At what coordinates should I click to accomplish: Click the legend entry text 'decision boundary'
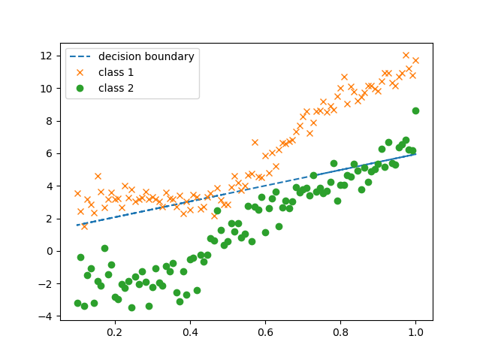coord(146,56)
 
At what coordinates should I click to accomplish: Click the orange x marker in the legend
coord(81,72)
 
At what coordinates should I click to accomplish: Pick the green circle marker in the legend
coord(81,88)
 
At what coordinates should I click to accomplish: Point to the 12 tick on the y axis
coord(47,56)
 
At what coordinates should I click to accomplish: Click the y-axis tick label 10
coord(47,88)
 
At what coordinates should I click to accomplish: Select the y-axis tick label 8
coord(50,121)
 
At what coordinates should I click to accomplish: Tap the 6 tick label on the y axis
coord(50,153)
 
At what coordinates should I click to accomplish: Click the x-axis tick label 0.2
coord(114,332)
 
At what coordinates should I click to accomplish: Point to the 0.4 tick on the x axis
coord(189,332)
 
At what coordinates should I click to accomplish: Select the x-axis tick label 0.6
coord(265,332)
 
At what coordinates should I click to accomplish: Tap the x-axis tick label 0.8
coord(340,332)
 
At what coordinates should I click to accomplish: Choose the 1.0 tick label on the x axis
coord(415,332)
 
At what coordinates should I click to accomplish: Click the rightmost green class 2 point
coord(415,110)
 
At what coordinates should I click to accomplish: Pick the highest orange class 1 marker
coord(406,55)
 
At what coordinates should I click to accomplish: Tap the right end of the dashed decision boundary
coord(415,153)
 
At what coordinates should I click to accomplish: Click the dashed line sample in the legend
coord(81,56)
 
